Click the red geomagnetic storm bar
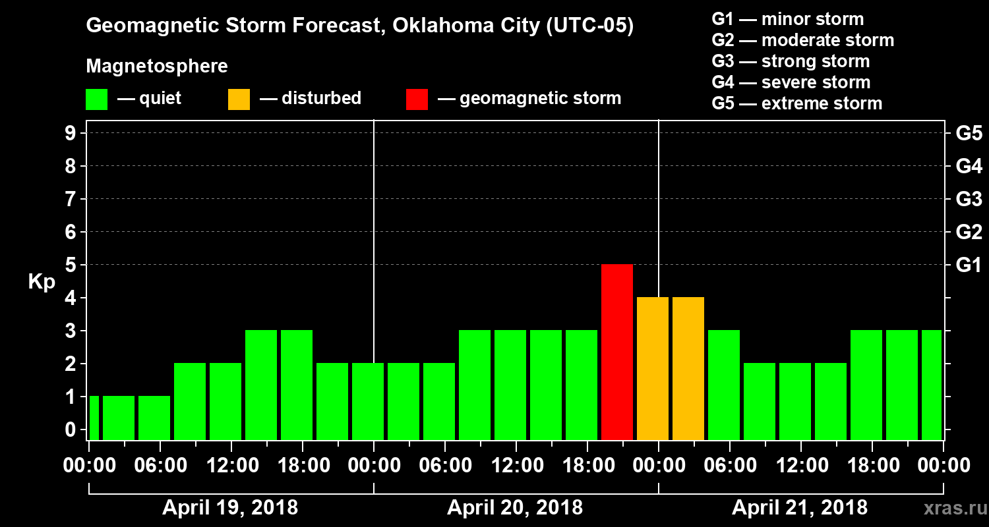pos(617,352)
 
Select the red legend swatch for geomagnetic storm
pos(417,99)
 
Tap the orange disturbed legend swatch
pos(239,99)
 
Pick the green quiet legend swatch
pos(96,99)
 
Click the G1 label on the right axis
pos(969,265)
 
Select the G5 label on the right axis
pos(969,134)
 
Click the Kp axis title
pos(42,282)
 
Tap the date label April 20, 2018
pos(515,508)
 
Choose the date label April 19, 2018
pos(230,508)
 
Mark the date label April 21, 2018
pos(800,508)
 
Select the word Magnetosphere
pos(157,67)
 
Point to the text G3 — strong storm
pos(791,61)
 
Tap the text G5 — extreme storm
pos(796,103)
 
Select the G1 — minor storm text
pos(787,19)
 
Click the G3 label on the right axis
pos(969,200)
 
